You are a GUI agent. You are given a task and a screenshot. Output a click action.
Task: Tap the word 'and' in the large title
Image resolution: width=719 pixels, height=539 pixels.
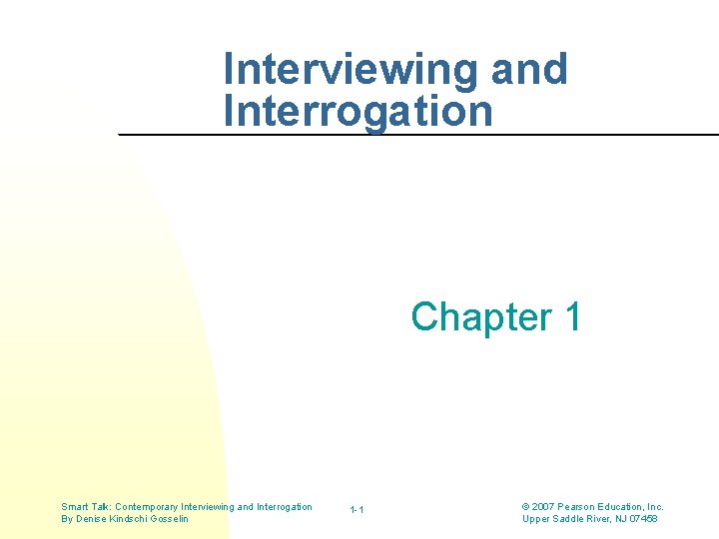(529, 70)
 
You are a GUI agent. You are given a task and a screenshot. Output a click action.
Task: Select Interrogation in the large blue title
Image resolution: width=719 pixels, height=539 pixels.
(359, 110)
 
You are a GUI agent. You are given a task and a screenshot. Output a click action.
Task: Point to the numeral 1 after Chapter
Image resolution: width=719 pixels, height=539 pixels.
(572, 316)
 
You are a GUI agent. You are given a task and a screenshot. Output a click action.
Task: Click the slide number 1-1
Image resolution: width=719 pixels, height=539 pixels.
(357, 511)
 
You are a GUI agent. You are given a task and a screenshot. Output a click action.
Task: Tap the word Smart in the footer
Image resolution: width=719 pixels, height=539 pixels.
(76, 507)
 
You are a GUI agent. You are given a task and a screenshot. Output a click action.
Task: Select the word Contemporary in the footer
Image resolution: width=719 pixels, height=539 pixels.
(148, 507)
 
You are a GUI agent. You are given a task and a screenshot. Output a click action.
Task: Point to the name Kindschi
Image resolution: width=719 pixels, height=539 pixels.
(133, 519)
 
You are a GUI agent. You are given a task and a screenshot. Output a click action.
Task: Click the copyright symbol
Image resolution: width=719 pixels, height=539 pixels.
(526, 507)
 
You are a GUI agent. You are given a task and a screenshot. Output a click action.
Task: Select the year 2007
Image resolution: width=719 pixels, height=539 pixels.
(544, 507)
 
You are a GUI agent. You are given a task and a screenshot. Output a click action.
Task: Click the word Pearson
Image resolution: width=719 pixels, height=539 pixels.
(579, 507)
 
